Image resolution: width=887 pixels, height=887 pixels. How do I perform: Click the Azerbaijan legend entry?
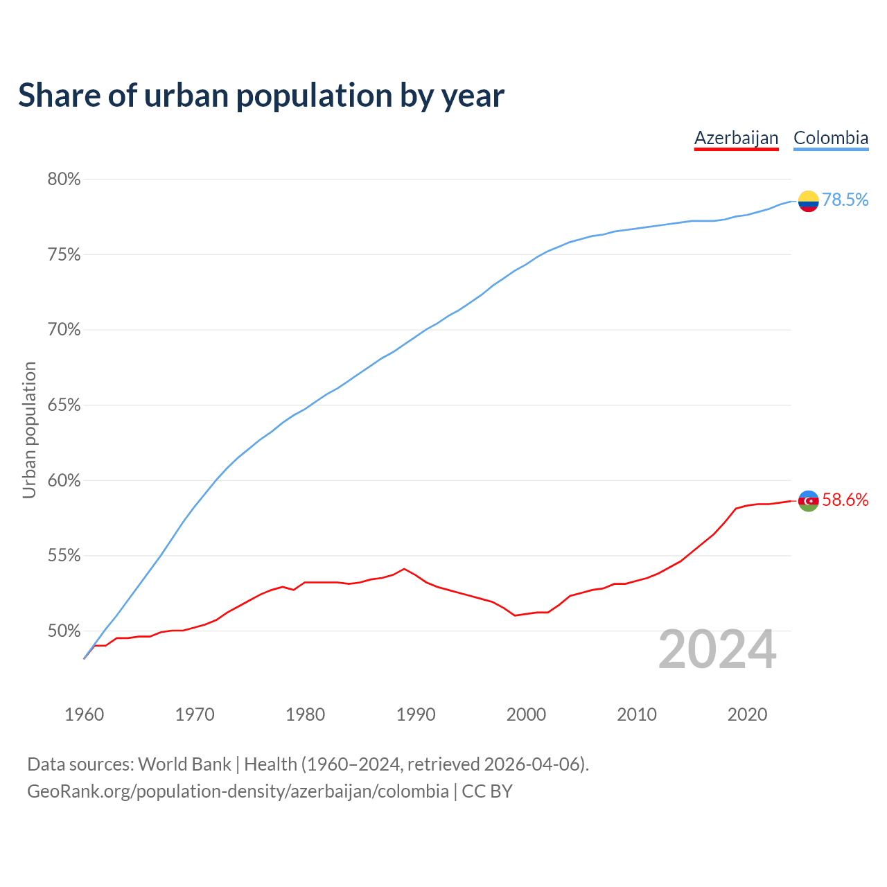pyautogui.click(x=736, y=138)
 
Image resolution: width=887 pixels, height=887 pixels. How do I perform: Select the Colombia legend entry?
pyautogui.click(x=830, y=138)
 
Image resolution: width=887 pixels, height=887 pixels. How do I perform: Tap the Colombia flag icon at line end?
pyautogui.click(x=808, y=201)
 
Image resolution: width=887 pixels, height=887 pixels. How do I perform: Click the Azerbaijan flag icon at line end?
pyautogui.click(x=808, y=500)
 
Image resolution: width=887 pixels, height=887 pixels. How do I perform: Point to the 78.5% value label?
pyautogui.click(x=845, y=200)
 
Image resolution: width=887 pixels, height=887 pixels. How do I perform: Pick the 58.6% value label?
pyautogui.click(x=845, y=500)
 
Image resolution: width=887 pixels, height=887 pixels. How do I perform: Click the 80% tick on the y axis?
pyautogui.click(x=64, y=179)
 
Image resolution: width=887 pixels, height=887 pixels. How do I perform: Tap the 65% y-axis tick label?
pyautogui.click(x=64, y=405)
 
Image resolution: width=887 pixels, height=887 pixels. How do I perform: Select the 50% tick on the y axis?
pyautogui.click(x=64, y=631)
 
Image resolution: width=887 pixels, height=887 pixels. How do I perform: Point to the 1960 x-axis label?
pyautogui.click(x=85, y=714)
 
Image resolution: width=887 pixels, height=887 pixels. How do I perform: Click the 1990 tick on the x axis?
pyautogui.click(x=416, y=714)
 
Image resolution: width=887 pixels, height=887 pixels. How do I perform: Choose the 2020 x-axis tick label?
pyautogui.click(x=747, y=714)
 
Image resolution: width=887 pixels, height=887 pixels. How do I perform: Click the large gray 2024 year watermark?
pyautogui.click(x=717, y=650)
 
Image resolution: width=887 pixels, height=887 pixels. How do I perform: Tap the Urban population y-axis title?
pyautogui.click(x=29, y=430)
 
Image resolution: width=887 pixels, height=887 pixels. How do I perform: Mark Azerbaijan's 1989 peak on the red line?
pyautogui.click(x=404, y=569)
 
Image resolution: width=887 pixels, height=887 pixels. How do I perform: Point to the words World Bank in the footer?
pyautogui.click(x=184, y=764)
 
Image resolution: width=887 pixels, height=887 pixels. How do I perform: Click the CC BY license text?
pyautogui.click(x=487, y=791)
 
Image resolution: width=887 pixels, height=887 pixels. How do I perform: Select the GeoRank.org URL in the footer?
pyautogui.click(x=238, y=791)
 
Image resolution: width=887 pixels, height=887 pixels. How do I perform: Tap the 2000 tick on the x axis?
pyautogui.click(x=526, y=714)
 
